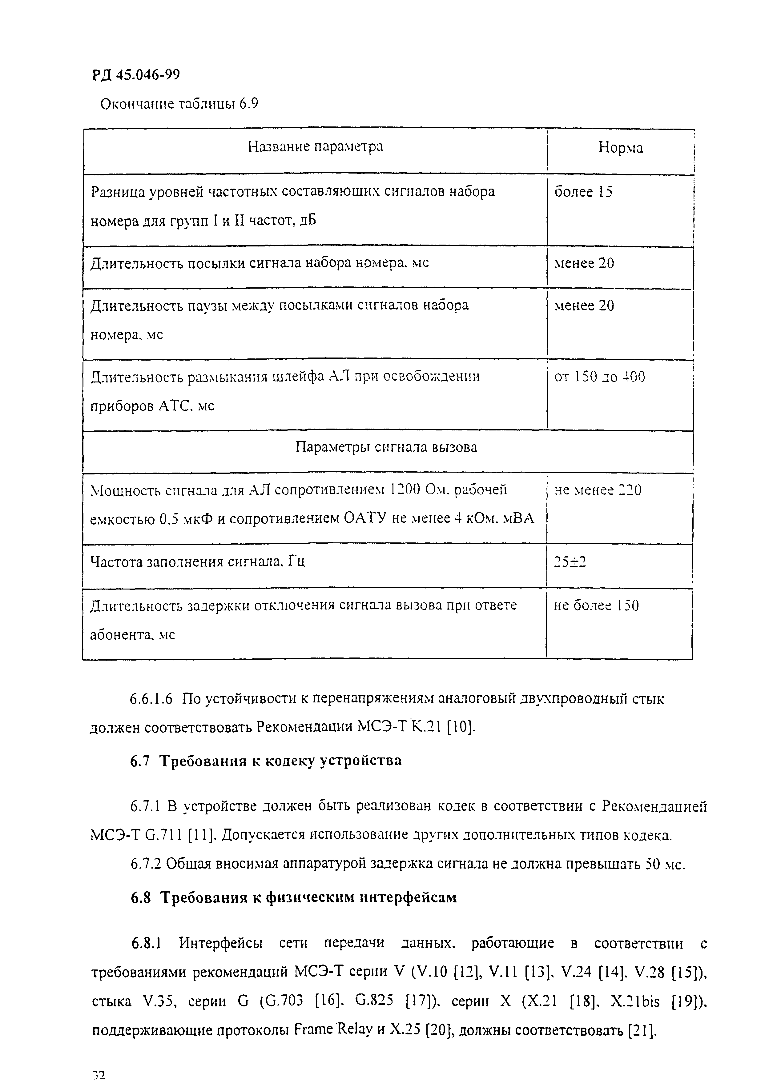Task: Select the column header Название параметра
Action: point(316,146)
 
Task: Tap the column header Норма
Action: point(620,148)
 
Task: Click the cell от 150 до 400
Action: point(600,376)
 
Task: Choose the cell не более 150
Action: point(596,605)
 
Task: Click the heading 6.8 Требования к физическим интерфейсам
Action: point(293,897)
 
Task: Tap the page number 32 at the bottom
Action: point(99,1075)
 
